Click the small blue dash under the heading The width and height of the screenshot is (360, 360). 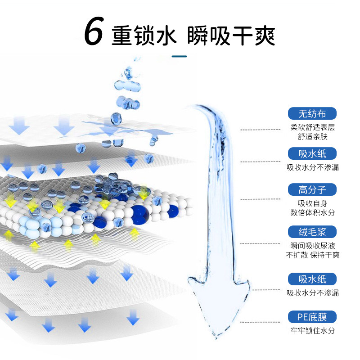pos(180,56)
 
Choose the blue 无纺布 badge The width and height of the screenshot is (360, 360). pos(312,113)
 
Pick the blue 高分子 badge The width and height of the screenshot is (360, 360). pos(312,189)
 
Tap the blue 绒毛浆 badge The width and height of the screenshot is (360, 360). pos(312,232)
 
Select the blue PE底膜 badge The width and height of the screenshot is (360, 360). pos(312,317)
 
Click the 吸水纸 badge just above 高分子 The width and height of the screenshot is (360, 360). pos(312,154)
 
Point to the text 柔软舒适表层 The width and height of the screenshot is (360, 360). pos(313,127)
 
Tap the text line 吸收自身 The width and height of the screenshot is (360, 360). pos(313,203)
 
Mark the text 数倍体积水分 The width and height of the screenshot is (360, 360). pos(313,213)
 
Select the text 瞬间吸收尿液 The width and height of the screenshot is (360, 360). pos(313,246)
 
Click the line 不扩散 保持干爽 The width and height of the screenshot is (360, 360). pos(313,255)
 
